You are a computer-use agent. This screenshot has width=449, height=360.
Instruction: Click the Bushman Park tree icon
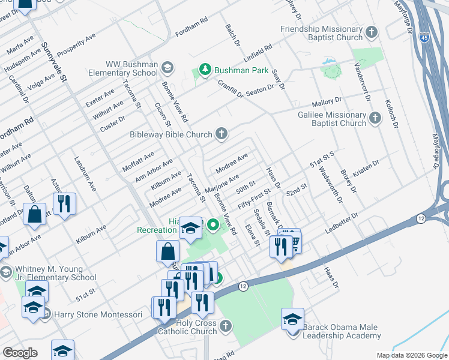205,70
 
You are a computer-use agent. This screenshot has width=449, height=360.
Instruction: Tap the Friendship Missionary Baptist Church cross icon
372,32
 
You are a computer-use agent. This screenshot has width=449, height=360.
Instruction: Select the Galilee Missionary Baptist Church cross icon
375,118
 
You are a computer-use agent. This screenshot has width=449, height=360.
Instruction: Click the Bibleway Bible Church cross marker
222,133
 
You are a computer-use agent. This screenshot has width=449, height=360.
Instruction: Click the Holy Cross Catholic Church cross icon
226,326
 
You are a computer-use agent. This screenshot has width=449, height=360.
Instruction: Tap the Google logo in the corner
20,353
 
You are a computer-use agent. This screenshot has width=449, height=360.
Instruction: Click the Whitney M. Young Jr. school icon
5,272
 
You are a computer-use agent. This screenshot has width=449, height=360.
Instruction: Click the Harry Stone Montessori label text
98,314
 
